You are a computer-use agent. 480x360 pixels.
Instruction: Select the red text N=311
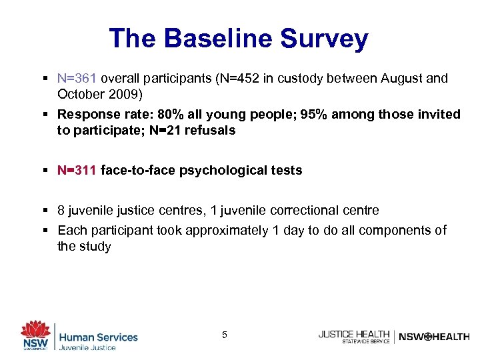[77, 170]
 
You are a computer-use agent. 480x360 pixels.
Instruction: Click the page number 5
[224, 334]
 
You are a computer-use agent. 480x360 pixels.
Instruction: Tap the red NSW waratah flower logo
[35, 331]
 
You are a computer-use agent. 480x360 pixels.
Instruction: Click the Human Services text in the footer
[98, 337]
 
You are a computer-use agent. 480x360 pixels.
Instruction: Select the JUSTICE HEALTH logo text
[354, 333]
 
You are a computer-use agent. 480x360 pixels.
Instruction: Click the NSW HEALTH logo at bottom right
[433, 337]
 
